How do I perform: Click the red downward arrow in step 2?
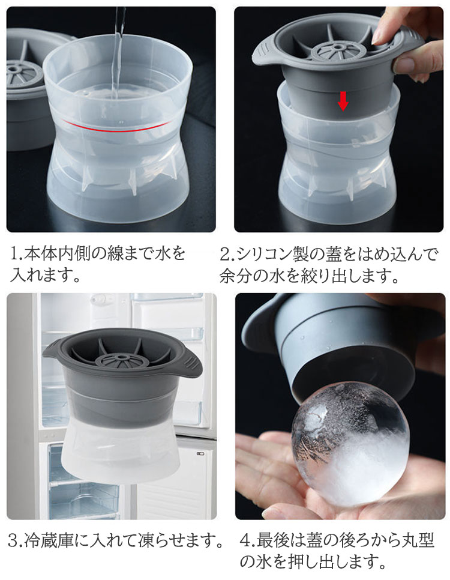[343, 101]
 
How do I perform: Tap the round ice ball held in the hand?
[350, 444]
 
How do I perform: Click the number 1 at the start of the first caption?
[14, 253]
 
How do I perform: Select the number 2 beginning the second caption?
[225, 254]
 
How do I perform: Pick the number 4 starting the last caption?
[246, 540]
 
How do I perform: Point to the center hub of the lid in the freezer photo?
[120, 359]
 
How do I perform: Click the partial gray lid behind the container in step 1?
[26, 89]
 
